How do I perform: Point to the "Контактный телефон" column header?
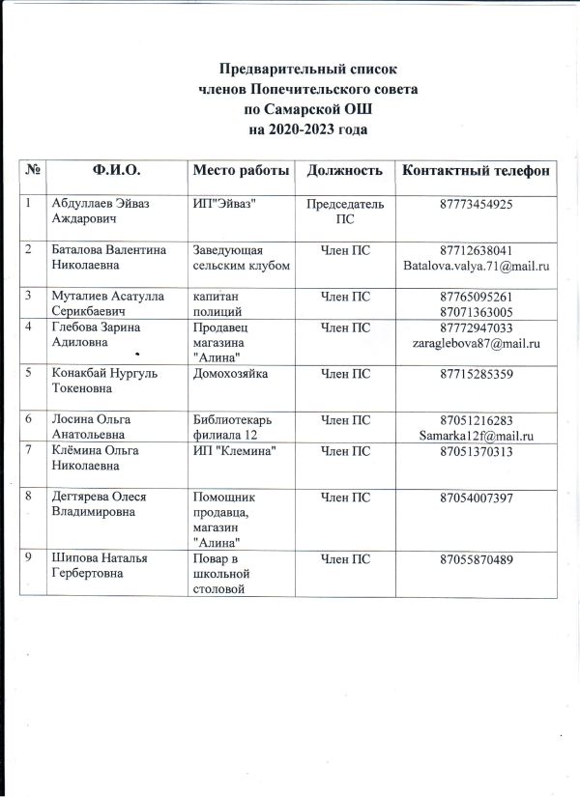tap(476, 171)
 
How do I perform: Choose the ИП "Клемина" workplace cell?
tap(236, 451)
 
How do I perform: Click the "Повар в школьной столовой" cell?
tap(222, 576)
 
